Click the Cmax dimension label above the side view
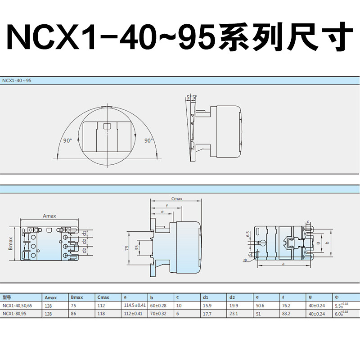(x=177, y=199)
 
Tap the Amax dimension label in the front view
(x=49, y=216)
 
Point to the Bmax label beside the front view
(x=10, y=243)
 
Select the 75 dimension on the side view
(x=127, y=248)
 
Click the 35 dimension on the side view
(x=137, y=248)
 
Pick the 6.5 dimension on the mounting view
(x=248, y=234)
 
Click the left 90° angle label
(x=67, y=140)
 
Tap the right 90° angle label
(x=148, y=140)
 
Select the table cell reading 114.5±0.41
(x=135, y=306)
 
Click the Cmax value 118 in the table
(x=101, y=314)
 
